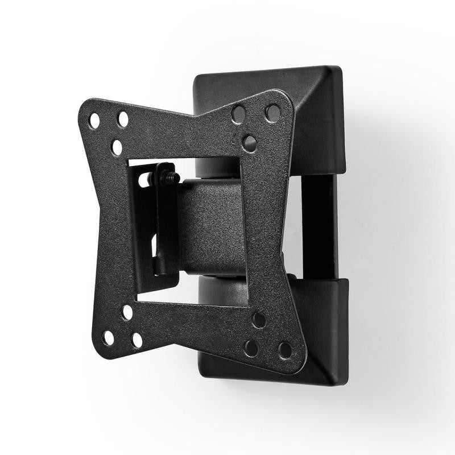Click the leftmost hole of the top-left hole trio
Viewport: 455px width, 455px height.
tap(94, 121)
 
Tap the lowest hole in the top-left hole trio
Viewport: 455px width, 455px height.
tap(117, 147)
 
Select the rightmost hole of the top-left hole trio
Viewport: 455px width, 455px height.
tap(123, 119)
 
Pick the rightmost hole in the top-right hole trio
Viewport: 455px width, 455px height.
tap(273, 113)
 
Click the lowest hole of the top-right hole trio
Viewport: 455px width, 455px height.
tap(249, 142)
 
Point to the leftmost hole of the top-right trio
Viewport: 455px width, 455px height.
tap(239, 114)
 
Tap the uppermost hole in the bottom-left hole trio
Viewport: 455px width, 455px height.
tap(127, 312)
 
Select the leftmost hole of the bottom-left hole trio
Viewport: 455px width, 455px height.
tap(108, 338)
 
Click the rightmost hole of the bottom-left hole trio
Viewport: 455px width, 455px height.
tap(137, 340)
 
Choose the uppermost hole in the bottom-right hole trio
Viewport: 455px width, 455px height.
tap(259, 320)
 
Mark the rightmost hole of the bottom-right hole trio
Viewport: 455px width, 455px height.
tap(285, 350)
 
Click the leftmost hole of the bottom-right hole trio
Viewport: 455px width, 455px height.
tap(251, 348)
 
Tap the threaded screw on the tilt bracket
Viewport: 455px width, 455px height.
tap(166, 177)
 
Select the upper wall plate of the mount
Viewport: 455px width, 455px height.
tap(318, 114)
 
